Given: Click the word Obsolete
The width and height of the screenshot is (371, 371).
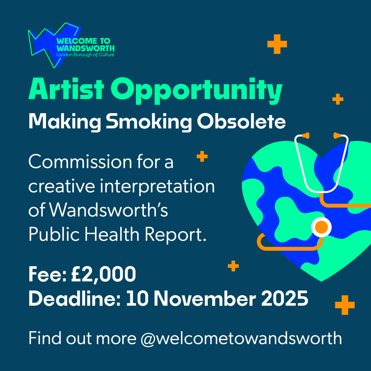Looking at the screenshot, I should tap(241, 122).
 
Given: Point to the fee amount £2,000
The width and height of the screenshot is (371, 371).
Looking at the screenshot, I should tap(103, 274).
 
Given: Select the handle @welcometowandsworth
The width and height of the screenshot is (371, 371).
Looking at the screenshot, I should tap(241, 338).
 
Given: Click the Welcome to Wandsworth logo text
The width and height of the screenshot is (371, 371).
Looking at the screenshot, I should tap(85, 45).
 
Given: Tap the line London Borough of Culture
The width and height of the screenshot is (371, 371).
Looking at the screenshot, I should tap(85, 55).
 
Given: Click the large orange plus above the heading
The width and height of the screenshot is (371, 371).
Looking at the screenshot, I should tap(277, 44).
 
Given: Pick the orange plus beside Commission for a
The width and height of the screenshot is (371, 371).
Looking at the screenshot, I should tap(202, 157).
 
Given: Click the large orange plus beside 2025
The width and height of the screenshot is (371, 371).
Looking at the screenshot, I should tap(345, 305).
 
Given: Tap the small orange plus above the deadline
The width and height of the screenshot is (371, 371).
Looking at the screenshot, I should tap(233, 266).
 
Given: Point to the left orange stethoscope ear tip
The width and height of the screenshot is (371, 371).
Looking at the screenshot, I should tap(306, 135).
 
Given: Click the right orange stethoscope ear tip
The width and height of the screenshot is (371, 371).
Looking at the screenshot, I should tap(336, 135).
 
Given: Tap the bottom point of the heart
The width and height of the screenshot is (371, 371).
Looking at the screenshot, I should tap(322, 280).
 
